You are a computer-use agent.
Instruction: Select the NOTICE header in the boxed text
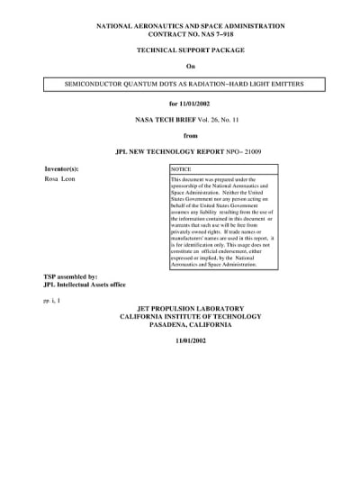(182, 169)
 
